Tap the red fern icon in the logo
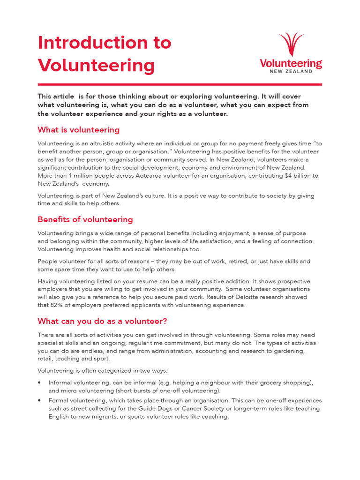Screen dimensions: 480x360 [x=291, y=45]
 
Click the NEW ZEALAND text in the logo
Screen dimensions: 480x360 [x=291, y=71]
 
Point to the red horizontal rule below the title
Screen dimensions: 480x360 [x=180, y=84]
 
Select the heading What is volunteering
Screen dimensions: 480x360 [x=79, y=130]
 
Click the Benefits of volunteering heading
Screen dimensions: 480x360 [x=85, y=219]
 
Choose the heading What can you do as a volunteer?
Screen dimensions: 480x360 [x=102, y=321]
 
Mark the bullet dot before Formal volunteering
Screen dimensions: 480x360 [x=40, y=401]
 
